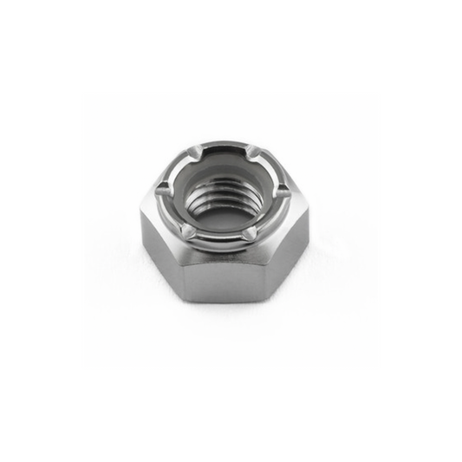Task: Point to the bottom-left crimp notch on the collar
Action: pyautogui.click(x=186, y=230)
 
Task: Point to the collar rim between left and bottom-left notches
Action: pyautogui.click(x=171, y=211)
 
